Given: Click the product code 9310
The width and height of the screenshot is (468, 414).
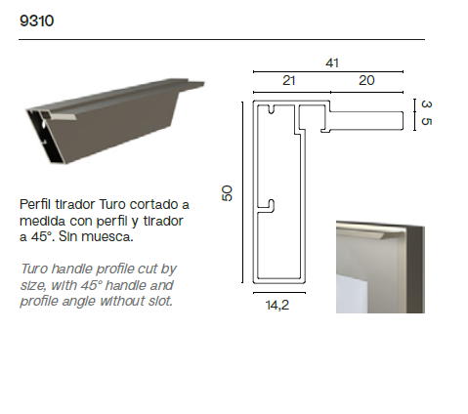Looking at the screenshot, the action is (x=36, y=21).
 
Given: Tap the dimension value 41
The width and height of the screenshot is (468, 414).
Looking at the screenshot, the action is (x=332, y=62).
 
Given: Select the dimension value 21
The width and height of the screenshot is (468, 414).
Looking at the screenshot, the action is (x=289, y=80).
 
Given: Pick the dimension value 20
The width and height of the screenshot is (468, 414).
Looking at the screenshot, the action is (x=366, y=80).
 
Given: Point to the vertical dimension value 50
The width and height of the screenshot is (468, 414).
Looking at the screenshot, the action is (x=227, y=193).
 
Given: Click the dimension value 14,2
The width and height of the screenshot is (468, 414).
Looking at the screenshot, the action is (x=277, y=306).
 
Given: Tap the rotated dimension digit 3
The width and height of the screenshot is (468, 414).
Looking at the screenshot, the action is (x=426, y=104).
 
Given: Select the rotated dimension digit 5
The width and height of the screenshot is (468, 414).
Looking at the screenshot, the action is (x=426, y=121).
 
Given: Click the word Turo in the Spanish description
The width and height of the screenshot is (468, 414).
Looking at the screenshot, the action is (x=112, y=204).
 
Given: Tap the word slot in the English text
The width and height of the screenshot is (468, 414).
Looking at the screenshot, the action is (x=160, y=301).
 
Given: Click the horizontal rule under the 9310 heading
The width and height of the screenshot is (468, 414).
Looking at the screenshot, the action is (x=222, y=39).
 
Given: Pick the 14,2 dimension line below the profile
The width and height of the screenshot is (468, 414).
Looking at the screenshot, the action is (x=279, y=293).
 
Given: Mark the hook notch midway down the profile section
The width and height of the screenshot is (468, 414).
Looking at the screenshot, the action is (x=267, y=206).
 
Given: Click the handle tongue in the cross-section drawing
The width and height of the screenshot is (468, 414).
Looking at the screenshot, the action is (x=366, y=121).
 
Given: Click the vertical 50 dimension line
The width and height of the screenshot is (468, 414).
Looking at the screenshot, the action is (x=242, y=192).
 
